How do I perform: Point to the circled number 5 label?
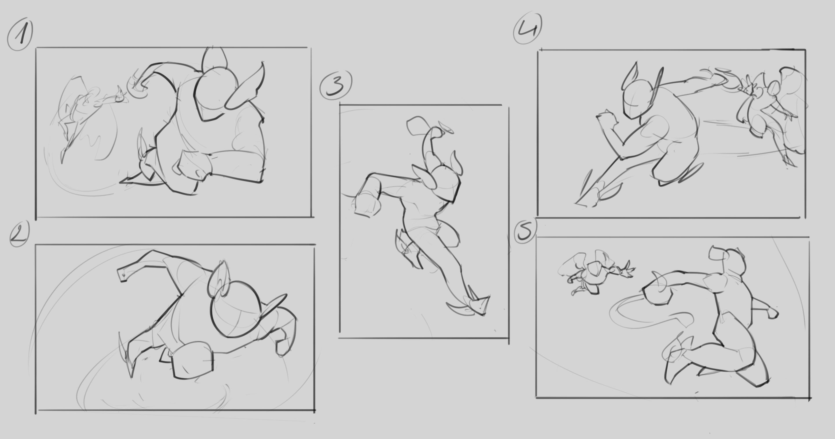point(526,231)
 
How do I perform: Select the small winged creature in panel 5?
point(595,274)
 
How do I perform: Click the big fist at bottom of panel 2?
point(192,360)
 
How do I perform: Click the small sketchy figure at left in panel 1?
point(87,113)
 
